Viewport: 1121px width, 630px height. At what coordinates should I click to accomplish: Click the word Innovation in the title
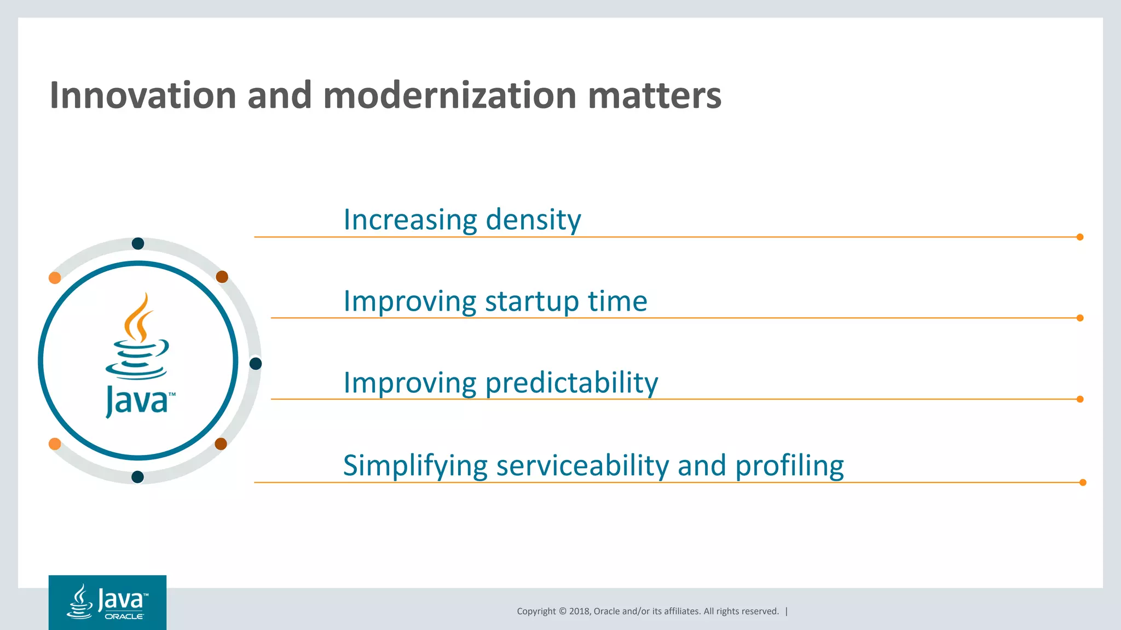(142, 96)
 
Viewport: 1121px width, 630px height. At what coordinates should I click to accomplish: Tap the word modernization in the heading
(450, 96)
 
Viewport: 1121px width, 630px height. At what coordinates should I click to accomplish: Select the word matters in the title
(655, 96)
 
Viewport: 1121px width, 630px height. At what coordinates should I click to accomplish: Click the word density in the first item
(533, 220)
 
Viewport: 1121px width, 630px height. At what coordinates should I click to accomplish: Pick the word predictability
(571, 383)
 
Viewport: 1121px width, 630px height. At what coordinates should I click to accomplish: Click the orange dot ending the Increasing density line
(1080, 237)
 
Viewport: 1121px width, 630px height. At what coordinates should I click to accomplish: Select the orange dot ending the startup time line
(1080, 318)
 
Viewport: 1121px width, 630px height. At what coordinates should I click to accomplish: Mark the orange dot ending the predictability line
(1080, 399)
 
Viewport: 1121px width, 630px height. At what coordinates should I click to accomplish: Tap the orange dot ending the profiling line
(1083, 482)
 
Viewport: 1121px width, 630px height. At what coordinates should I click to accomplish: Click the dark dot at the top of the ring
(138, 243)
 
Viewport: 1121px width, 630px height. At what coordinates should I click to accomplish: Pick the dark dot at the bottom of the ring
(138, 477)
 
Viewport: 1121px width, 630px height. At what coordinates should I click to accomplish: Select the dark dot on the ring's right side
(256, 364)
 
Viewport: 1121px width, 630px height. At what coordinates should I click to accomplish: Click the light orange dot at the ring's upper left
(55, 278)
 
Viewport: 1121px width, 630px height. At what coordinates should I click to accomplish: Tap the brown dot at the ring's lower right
(221, 444)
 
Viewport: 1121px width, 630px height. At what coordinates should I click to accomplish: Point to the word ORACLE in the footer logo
(124, 616)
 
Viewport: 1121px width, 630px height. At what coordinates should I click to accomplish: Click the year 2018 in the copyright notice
(579, 611)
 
